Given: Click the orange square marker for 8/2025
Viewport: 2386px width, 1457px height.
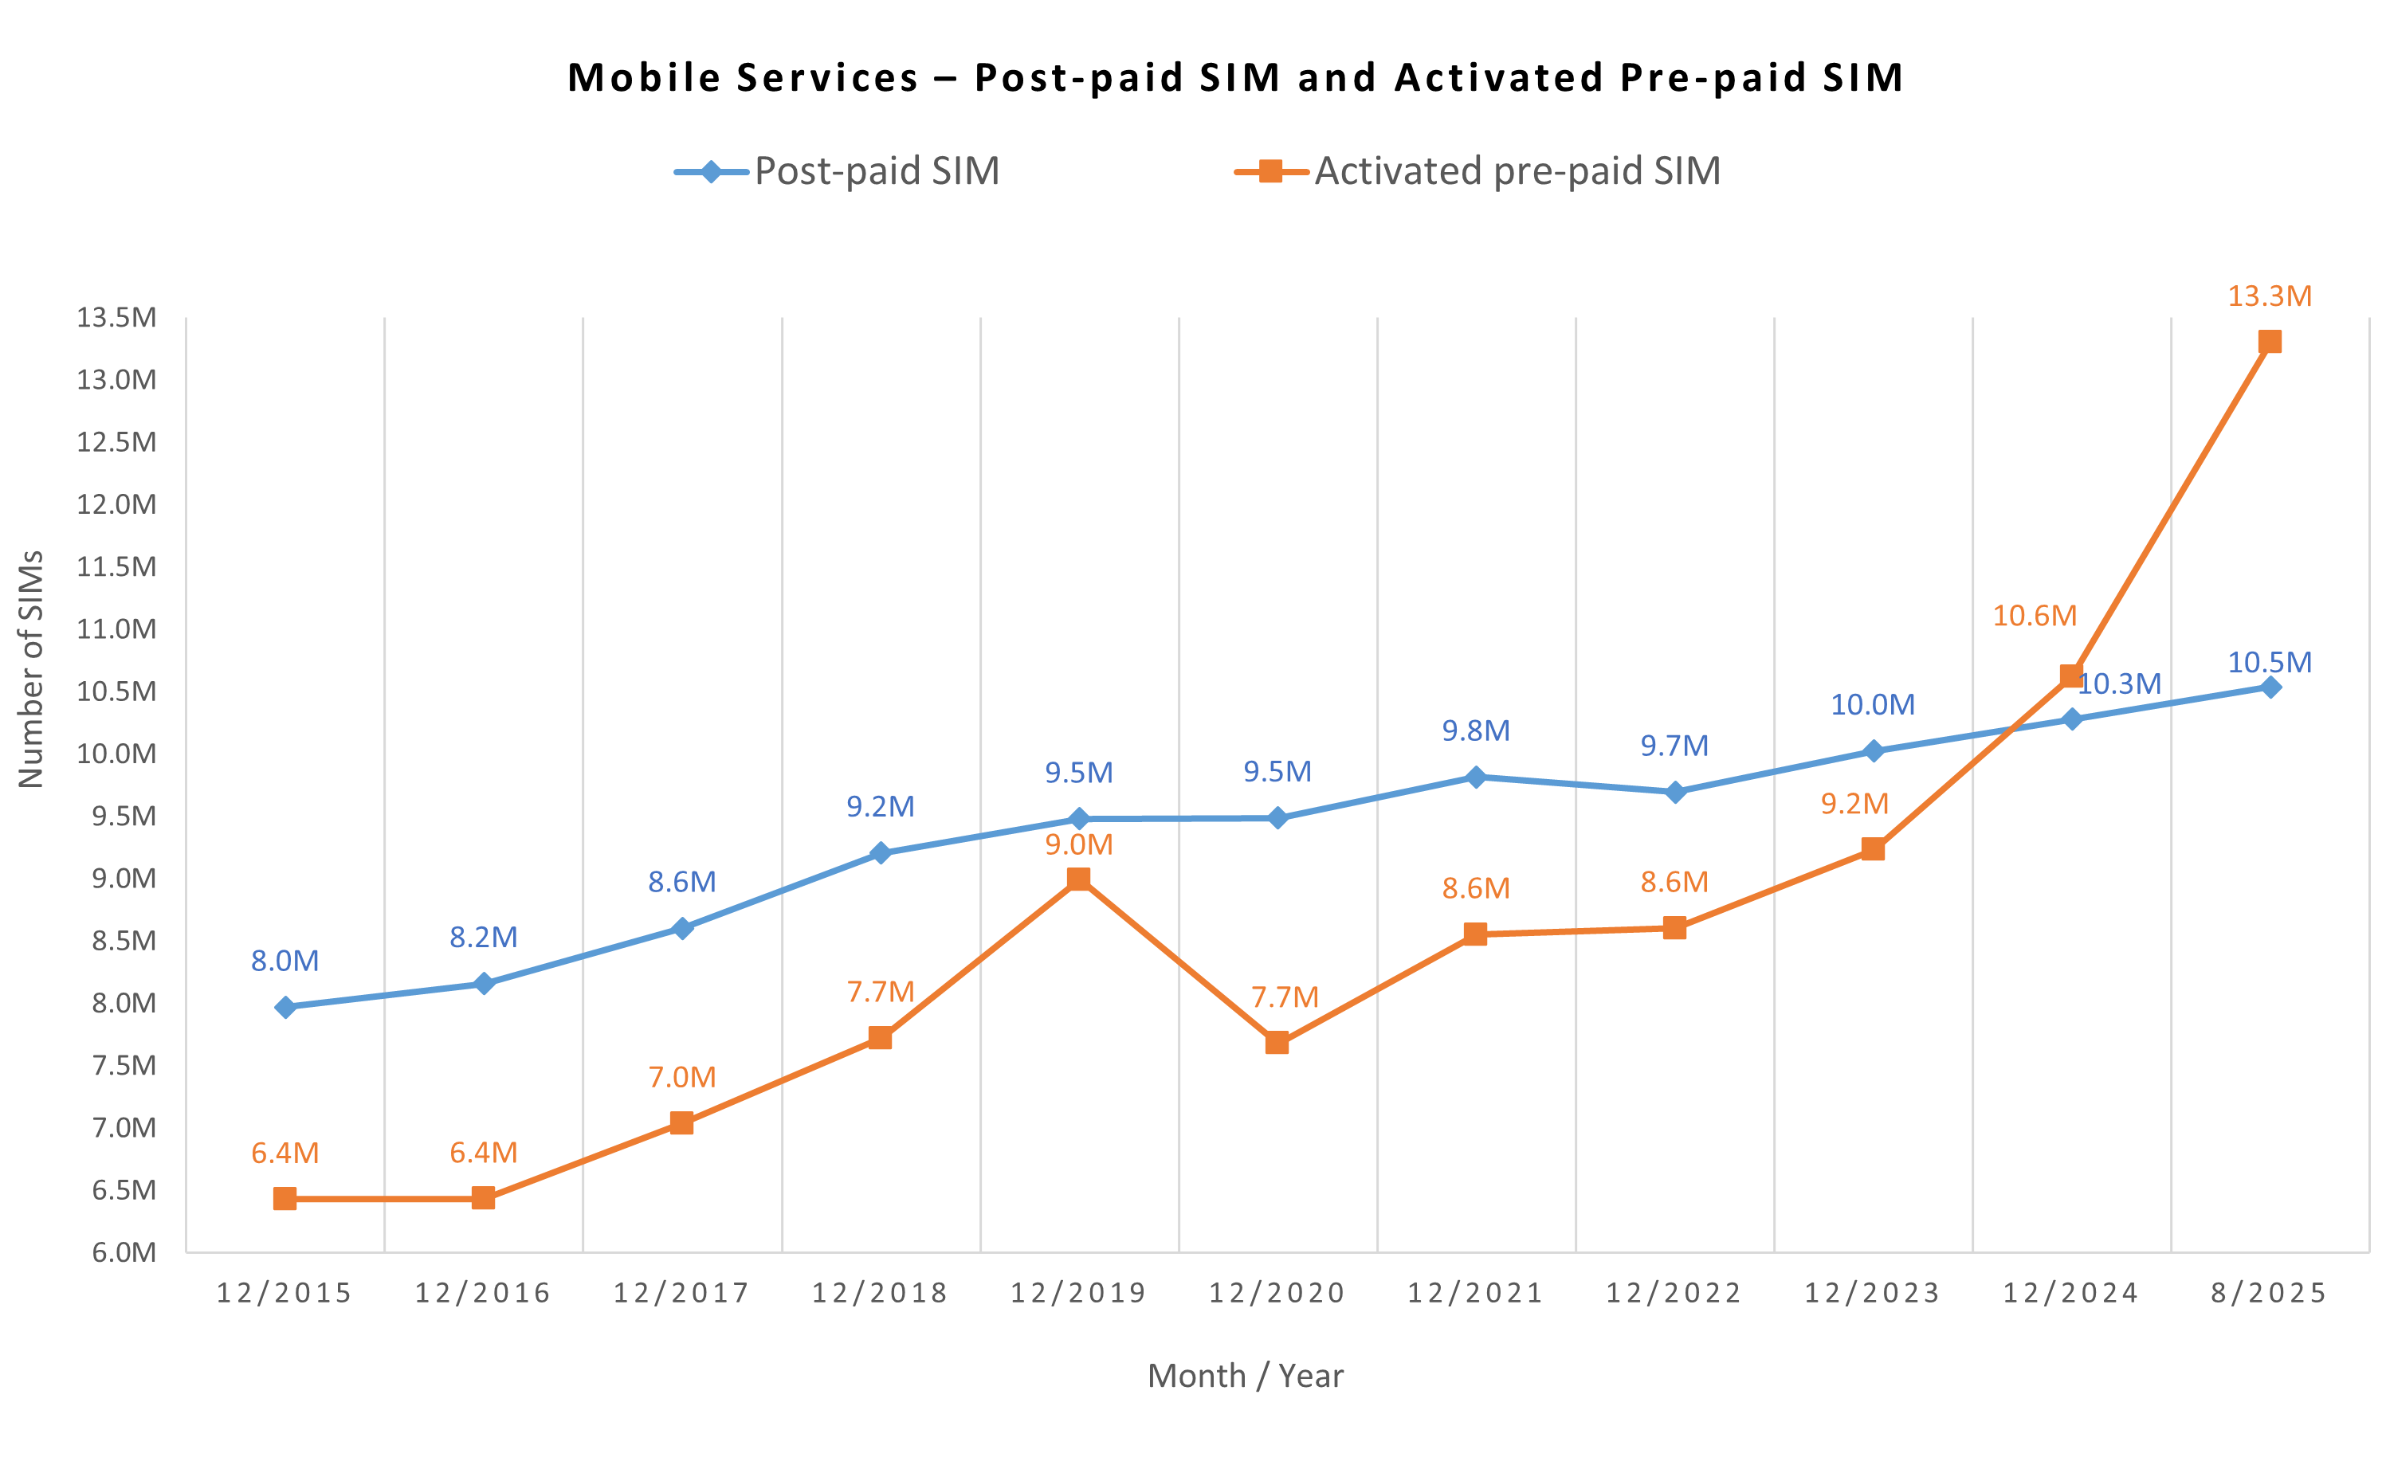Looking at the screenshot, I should click(x=2269, y=342).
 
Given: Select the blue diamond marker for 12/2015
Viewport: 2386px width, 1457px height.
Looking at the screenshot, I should click(x=285, y=1007).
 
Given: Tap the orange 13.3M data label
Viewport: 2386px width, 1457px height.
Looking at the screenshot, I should click(x=2269, y=296).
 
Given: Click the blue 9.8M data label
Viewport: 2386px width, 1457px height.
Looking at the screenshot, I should click(x=1475, y=731).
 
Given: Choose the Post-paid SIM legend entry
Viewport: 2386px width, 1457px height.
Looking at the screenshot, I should click(x=838, y=171).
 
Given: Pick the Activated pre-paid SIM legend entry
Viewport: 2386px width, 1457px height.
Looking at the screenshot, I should click(x=1478, y=171).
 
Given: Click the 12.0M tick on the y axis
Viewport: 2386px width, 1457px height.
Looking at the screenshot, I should click(x=116, y=504).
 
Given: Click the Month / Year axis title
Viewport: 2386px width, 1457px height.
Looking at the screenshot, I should click(x=1246, y=1376).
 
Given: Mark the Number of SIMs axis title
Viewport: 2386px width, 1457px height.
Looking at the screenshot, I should click(x=31, y=669).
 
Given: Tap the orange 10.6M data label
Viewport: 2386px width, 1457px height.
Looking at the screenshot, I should click(x=2034, y=616).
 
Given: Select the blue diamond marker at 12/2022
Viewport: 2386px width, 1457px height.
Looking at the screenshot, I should click(x=1674, y=792).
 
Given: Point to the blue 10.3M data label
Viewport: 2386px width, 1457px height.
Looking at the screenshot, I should click(x=2119, y=684).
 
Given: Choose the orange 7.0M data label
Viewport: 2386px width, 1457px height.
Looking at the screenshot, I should click(x=681, y=1078).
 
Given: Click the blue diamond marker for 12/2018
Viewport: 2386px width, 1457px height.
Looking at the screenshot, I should click(x=881, y=853).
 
